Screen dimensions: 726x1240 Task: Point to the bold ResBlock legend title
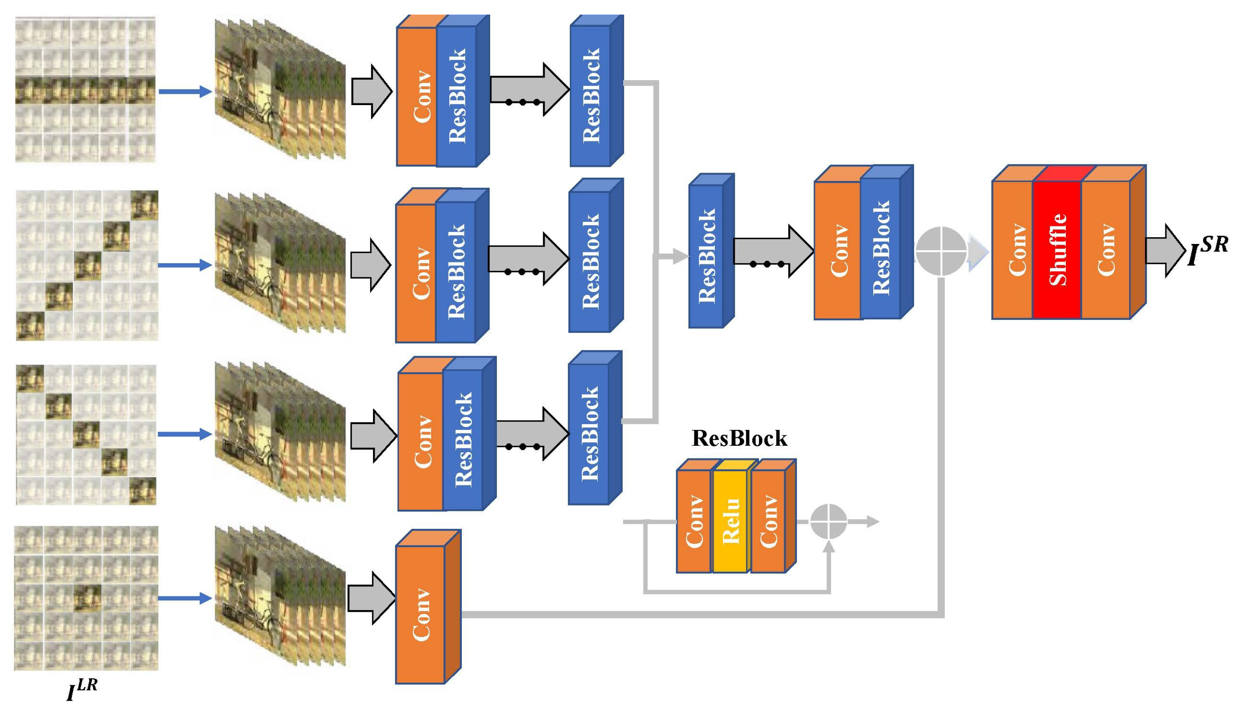click(739, 438)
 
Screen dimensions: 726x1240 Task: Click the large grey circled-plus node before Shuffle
click(941, 251)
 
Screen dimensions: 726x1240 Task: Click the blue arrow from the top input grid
click(185, 91)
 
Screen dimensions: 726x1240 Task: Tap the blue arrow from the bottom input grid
click(185, 598)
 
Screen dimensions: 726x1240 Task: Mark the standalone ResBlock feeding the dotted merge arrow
click(706, 256)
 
